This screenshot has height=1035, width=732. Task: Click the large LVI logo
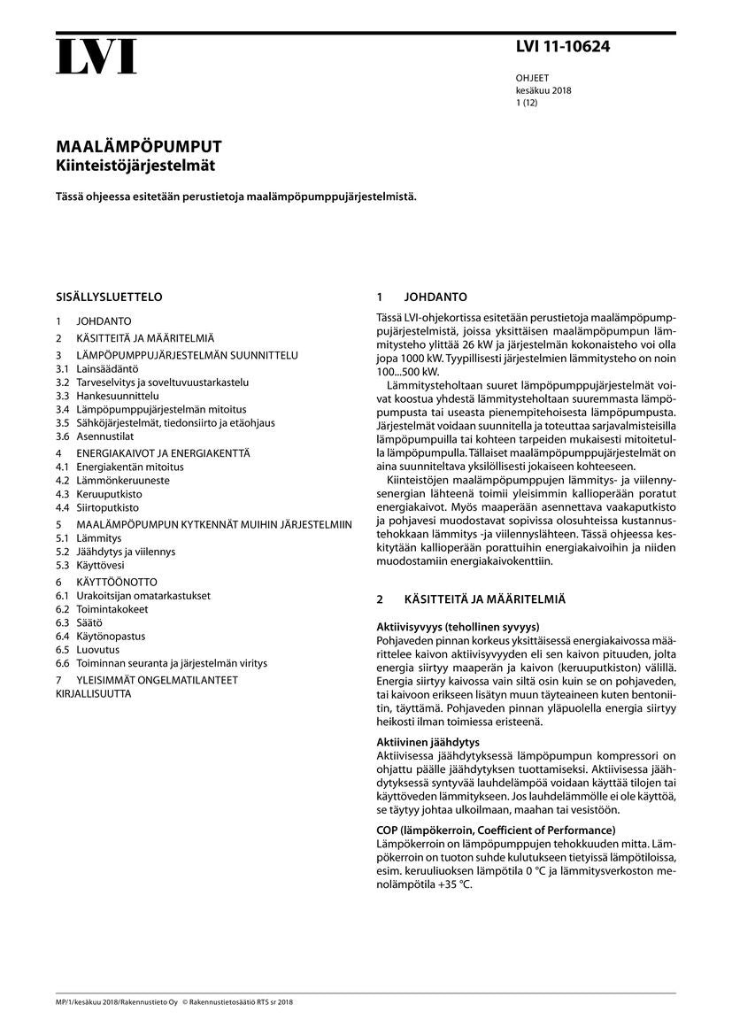point(96,57)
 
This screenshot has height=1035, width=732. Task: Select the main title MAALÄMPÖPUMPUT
point(139,147)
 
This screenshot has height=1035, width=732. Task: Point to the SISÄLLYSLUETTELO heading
point(109,297)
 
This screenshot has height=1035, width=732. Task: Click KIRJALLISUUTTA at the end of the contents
point(93,694)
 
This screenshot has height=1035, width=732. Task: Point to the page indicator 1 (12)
point(527,103)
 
